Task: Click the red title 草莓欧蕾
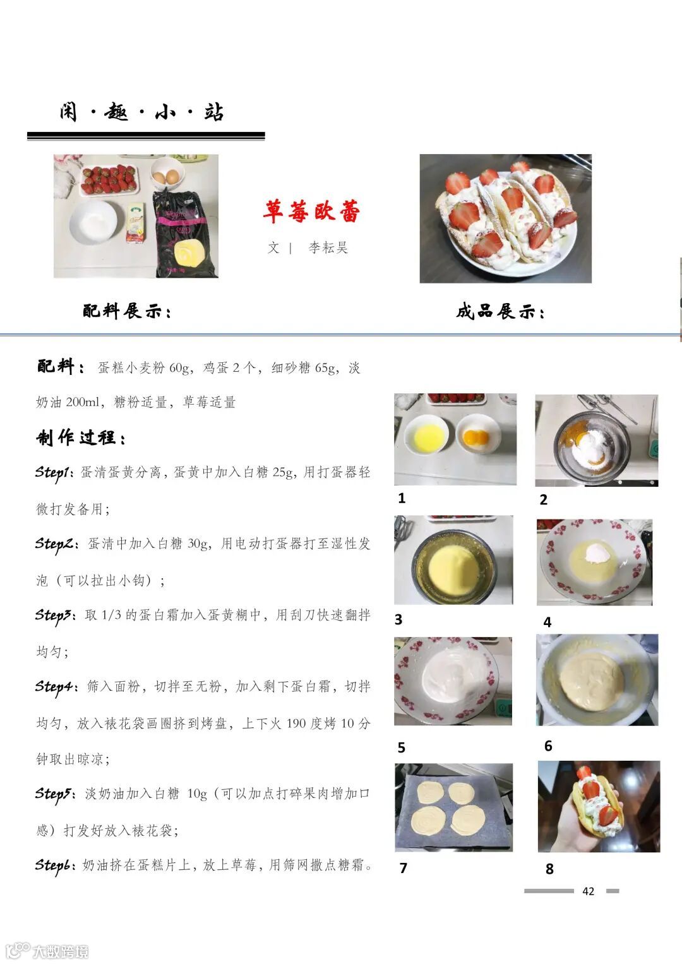[312, 211]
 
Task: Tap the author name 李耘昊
[328, 247]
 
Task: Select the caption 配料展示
[127, 311]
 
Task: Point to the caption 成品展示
[500, 311]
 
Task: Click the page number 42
[588, 891]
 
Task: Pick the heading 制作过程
[81, 437]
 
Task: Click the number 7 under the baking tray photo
[403, 868]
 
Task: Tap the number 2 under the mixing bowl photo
[543, 499]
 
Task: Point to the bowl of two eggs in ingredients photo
[167, 173]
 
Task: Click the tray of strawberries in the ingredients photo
[109, 180]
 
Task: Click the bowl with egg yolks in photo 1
[477, 434]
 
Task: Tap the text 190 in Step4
[296, 723]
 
